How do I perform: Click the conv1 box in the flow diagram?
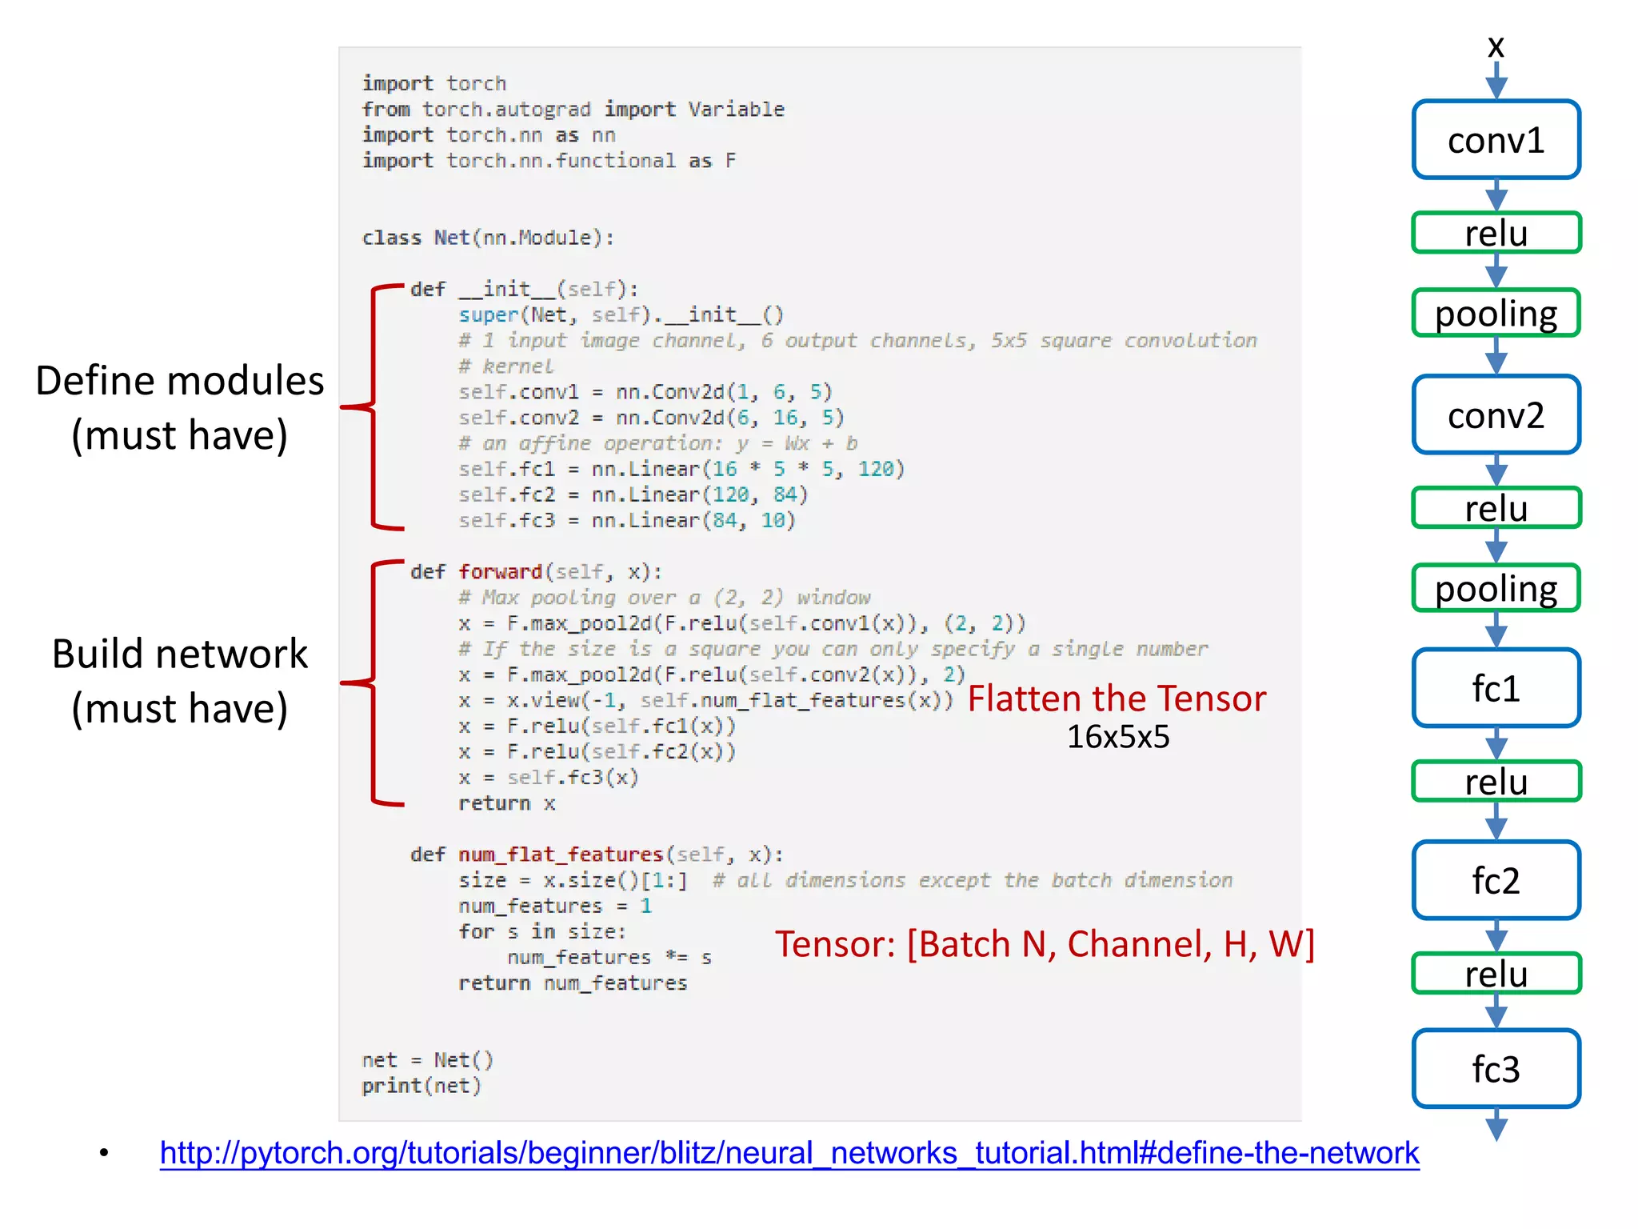[x=1496, y=140]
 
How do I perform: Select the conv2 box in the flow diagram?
[x=1496, y=415]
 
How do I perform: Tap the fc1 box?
[x=1496, y=688]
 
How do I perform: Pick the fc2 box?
[x=1496, y=880]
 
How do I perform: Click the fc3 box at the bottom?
[x=1496, y=1069]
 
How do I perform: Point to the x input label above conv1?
[x=1496, y=46]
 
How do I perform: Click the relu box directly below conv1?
[x=1496, y=233]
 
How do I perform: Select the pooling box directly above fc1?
[x=1496, y=588]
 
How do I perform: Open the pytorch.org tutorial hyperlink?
[x=789, y=1153]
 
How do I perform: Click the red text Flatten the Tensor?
[x=1117, y=699]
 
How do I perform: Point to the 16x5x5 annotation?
[x=1117, y=737]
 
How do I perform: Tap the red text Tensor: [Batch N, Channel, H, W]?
[x=1045, y=944]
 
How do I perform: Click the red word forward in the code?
[x=501, y=572]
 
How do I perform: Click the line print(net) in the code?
[x=421, y=1086]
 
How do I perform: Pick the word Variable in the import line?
[x=736, y=110]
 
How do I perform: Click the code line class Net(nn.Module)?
[x=488, y=238]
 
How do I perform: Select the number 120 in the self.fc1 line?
[x=876, y=469]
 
